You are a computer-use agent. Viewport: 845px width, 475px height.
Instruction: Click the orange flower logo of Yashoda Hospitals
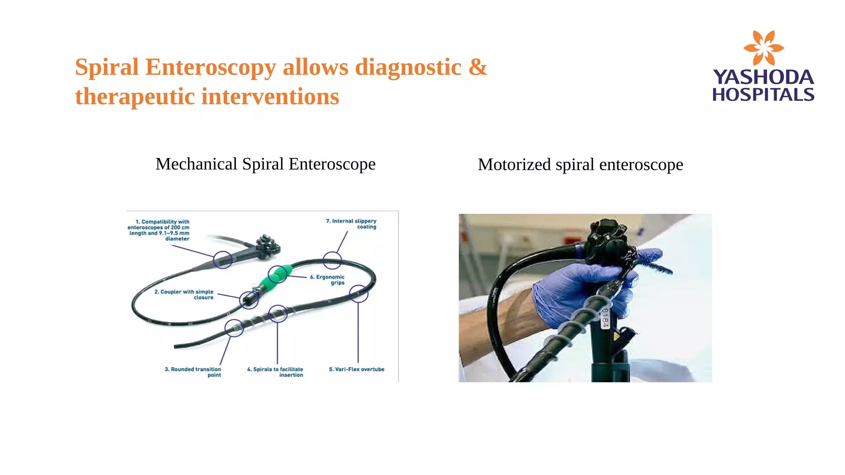click(763, 47)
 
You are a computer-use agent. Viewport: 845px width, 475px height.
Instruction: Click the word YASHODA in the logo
click(763, 77)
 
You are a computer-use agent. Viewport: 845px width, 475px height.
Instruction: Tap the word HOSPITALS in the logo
click(763, 95)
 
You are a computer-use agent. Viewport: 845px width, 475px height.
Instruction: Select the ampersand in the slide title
click(478, 67)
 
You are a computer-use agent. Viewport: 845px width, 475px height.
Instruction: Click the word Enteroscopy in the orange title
click(210, 67)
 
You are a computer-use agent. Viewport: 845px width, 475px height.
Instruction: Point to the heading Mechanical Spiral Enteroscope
click(265, 164)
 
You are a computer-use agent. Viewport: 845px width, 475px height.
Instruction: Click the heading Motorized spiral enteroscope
click(580, 165)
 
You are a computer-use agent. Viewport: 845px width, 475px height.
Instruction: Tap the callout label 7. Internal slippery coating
click(352, 224)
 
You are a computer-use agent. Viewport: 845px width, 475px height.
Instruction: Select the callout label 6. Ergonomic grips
click(328, 280)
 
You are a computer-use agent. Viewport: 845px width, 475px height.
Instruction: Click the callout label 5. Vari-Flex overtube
click(356, 369)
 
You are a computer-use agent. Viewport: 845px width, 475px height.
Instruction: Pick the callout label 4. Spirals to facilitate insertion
click(276, 372)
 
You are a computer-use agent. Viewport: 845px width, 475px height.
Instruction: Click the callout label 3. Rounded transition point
click(193, 372)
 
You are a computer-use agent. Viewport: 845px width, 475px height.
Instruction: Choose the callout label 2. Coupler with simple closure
click(184, 294)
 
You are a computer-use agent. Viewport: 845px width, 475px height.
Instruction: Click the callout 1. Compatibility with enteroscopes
click(159, 230)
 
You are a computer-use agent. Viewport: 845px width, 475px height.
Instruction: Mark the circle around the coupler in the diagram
click(249, 300)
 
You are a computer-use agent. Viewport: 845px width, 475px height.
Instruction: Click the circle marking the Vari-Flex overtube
click(358, 294)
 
